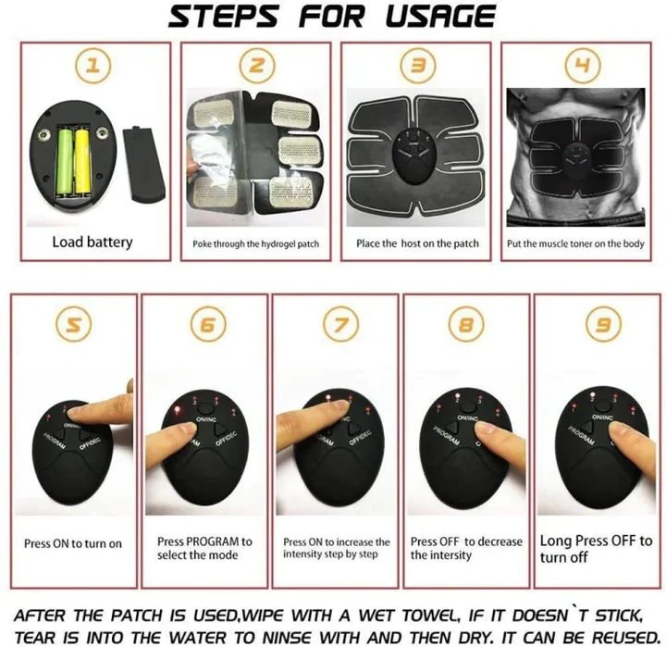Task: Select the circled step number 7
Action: pos(336,325)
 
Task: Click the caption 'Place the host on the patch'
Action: pos(417,243)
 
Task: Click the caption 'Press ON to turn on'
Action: pos(72,544)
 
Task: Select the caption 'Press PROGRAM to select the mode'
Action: pos(203,548)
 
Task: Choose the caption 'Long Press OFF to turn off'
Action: pos(595,549)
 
